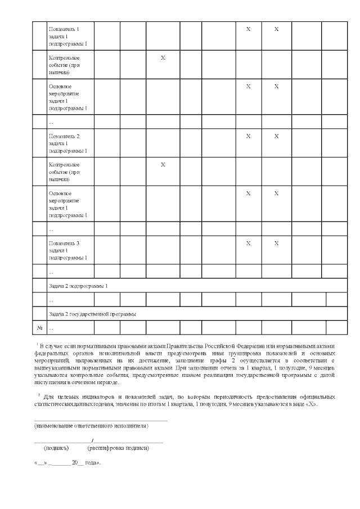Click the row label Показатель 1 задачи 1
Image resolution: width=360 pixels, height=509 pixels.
point(67,36)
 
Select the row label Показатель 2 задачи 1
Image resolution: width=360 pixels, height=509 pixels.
point(67,143)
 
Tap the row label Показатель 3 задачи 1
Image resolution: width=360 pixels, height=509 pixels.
point(67,250)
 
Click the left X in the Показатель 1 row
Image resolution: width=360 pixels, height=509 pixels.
point(248,29)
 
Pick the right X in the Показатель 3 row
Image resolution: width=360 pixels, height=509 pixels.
point(276,243)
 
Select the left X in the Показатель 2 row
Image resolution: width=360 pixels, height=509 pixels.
point(248,136)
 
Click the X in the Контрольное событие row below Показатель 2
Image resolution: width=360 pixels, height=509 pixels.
point(163,165)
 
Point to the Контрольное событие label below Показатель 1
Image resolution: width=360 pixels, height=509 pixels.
point(64,65)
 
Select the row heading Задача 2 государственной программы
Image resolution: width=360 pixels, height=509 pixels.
point(92,313)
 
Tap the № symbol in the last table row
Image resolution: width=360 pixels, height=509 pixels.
point(40,327)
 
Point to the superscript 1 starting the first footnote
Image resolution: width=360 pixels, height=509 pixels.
point(36,343)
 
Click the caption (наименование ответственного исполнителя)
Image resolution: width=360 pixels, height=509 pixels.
point(92,426)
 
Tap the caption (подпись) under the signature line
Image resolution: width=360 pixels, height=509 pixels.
point(56,448)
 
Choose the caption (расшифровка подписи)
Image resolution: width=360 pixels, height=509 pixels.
point(118,448)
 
